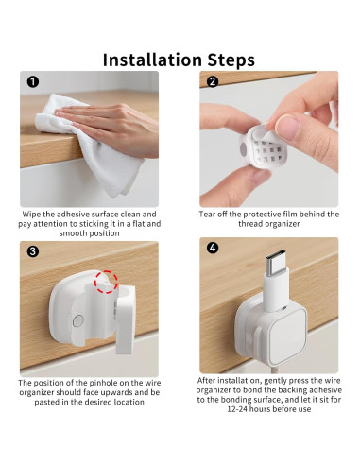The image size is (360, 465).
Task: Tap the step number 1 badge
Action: coord(33,81)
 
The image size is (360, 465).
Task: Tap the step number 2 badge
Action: coord(213,81)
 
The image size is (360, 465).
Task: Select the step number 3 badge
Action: coord(33,250)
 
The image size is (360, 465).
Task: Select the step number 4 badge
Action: coord(213,250)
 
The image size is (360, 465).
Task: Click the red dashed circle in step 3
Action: coord(106,280)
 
